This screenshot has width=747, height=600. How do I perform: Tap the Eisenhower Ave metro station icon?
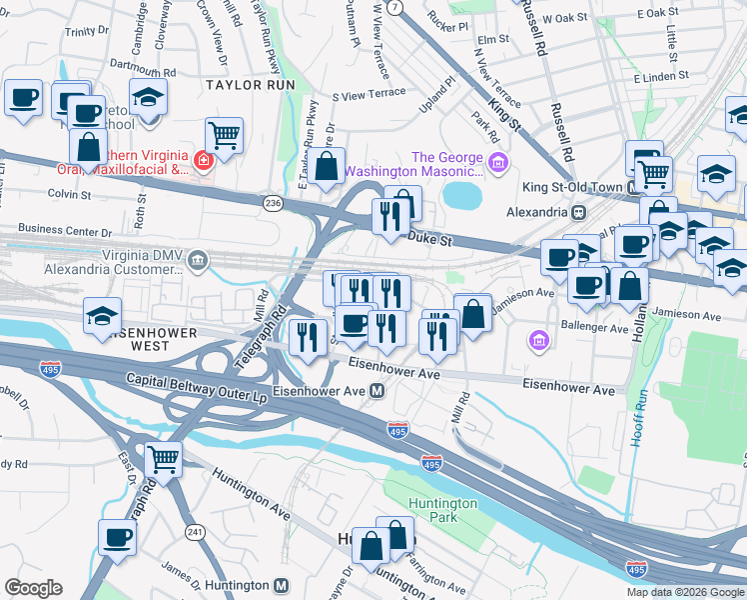click(378, 391)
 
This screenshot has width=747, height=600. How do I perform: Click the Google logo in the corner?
click(33, 588)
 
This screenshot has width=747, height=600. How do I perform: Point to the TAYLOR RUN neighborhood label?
click(251, 86)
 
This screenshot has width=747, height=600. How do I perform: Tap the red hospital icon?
click(202, 160)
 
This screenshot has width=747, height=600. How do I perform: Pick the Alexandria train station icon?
click(577, 213)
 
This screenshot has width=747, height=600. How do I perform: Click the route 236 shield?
click(273, 203)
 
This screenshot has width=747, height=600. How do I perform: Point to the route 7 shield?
click(395, 7)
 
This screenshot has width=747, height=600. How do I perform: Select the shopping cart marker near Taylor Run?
click(225, 134)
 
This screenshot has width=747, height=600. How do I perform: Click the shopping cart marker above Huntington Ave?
click(163, 459)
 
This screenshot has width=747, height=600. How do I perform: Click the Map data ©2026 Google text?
click(685, 592)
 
